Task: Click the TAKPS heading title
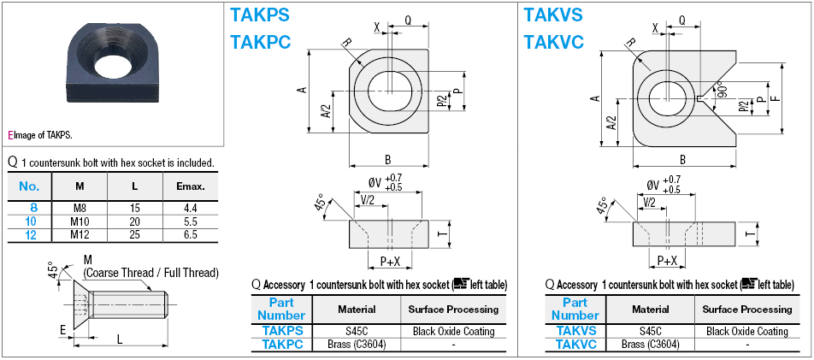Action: (260, 15)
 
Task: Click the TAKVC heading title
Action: (552, 39)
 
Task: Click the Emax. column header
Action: (190, 186)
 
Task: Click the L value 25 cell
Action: (135, 234)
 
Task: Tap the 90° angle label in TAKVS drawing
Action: (722, 91)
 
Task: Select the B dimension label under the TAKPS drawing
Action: (387, 159)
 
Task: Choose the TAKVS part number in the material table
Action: (575, 331)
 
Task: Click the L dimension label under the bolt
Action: (119, 339)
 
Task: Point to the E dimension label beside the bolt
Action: (62, 328)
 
